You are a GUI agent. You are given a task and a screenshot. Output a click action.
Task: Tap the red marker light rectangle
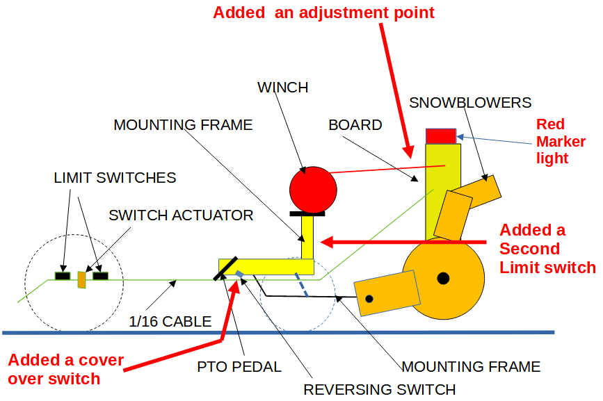pos(440,136)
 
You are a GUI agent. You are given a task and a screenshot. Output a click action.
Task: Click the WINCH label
pos(282,88)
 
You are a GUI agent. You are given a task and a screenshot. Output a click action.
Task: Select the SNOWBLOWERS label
pos(470,103)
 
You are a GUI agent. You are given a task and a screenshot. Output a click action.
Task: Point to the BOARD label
pos(355,125)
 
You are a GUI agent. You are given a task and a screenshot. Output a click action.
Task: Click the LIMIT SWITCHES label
pos(115,178)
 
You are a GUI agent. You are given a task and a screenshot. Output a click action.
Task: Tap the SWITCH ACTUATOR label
pos(181,215)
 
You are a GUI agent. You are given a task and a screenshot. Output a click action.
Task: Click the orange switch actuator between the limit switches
pos(81,279)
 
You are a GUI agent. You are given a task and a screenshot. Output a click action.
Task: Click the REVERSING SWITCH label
pos(379,389)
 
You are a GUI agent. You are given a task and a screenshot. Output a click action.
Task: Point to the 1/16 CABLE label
pos(170,322)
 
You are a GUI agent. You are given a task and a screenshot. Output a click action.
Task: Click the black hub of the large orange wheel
pos(442,279)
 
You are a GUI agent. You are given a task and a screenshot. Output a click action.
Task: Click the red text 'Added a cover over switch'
pos(65,370)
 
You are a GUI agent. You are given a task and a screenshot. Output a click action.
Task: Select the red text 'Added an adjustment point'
pos(323,13)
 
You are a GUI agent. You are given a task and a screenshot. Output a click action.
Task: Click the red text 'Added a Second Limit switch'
pos(547,249)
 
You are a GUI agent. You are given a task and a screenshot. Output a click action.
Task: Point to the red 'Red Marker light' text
pos(561,141)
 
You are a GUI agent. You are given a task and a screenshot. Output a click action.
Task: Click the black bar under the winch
pos(307,214)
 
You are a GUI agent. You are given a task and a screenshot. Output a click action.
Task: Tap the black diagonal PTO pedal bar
pos(228,268)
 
